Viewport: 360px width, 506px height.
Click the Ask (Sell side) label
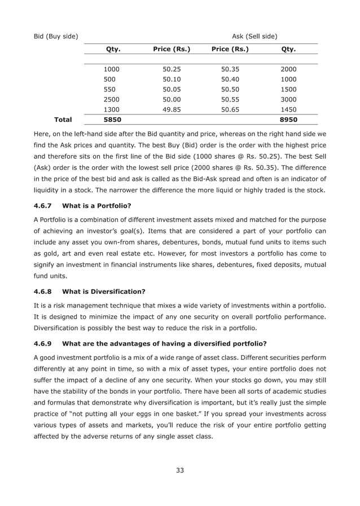click(x=254, y=37)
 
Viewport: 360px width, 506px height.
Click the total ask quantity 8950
click(x=289, y=120)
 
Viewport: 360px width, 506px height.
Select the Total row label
click(x=63, y=120)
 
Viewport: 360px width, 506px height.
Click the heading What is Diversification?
click(x=104, y=292)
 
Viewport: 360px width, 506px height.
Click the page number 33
click(x=179, y=470)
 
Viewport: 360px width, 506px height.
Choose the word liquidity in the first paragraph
click(x=49, y=190)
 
